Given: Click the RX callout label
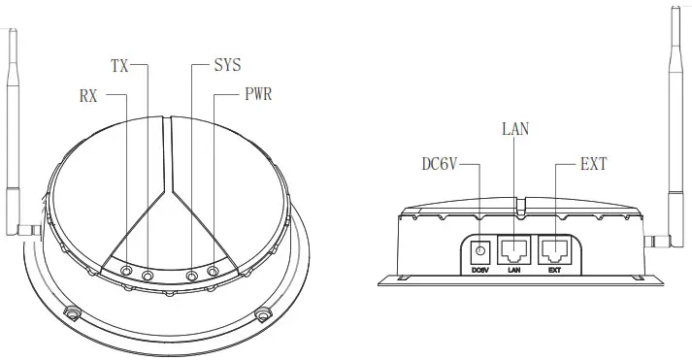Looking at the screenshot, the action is [88, 96].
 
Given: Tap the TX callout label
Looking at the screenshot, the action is [119, 66].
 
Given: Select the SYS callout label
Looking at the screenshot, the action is [228, 65].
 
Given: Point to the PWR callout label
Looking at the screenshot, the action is [258, 94].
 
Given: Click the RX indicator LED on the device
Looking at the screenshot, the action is [127, 271].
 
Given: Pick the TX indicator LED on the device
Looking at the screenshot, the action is [148, 276].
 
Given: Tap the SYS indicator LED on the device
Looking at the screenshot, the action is [191, 276].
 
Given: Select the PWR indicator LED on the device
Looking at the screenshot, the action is [213, 271].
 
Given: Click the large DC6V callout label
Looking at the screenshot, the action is [440, 165].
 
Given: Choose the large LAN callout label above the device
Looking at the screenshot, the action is [515, 129].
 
